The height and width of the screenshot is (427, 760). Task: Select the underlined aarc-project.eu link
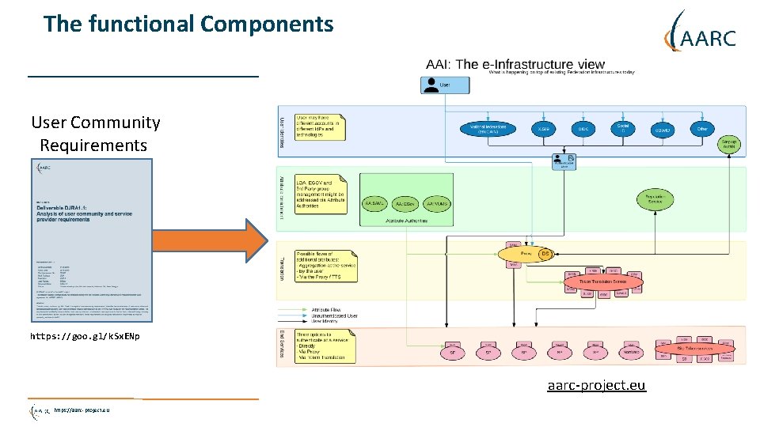tap(596, 385)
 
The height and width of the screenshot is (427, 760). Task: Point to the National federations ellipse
tap(488, 129)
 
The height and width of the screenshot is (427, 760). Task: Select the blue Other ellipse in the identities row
tap(701, 128)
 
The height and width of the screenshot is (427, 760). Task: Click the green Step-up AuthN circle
tap(729, 145)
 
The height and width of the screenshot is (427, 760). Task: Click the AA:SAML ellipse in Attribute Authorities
tap(376, 203)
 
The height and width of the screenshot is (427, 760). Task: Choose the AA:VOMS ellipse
tap(438, 203)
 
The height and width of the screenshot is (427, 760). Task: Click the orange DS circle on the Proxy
tap(545, 254)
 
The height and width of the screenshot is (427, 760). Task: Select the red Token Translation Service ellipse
tap(603, 282)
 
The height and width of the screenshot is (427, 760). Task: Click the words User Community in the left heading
tap(95, 123)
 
